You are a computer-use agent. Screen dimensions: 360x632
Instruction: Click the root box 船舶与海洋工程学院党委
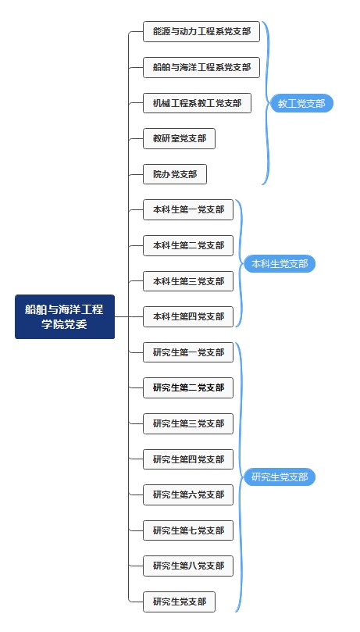[65, 316]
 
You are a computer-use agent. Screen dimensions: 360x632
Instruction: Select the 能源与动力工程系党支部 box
[201, 31]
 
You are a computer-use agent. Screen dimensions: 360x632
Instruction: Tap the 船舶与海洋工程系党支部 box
[201, 67]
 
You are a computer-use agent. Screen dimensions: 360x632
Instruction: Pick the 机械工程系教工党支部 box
[197, 103]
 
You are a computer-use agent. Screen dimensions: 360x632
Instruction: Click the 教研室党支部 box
[179, 138]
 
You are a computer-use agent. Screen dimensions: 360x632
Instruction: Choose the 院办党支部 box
[175, 174]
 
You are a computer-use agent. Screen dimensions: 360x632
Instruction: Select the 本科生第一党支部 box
[188, 209]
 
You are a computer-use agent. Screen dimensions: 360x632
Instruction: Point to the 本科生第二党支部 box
[188, 245]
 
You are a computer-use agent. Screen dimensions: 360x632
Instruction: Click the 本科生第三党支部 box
[188, 281]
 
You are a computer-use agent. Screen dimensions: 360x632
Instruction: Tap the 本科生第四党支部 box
[188, 316]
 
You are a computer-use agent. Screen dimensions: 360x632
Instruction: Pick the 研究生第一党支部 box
[188, 352]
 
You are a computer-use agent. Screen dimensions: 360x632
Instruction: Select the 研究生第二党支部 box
[188, 387]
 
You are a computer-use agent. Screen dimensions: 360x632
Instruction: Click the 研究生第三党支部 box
[188, 423]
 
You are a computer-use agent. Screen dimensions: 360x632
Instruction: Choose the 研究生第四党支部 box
[188, 459]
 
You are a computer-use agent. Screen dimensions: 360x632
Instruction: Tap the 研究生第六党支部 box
[188, 495]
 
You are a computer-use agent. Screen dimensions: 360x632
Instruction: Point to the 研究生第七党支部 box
[188, 530]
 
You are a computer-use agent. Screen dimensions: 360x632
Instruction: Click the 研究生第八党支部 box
[188, 566]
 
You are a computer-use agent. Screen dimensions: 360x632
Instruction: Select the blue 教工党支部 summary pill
[301, 103]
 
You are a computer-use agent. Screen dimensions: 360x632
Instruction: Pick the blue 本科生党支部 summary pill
[280, 263]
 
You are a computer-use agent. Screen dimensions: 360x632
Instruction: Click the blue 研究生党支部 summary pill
[280, 477]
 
